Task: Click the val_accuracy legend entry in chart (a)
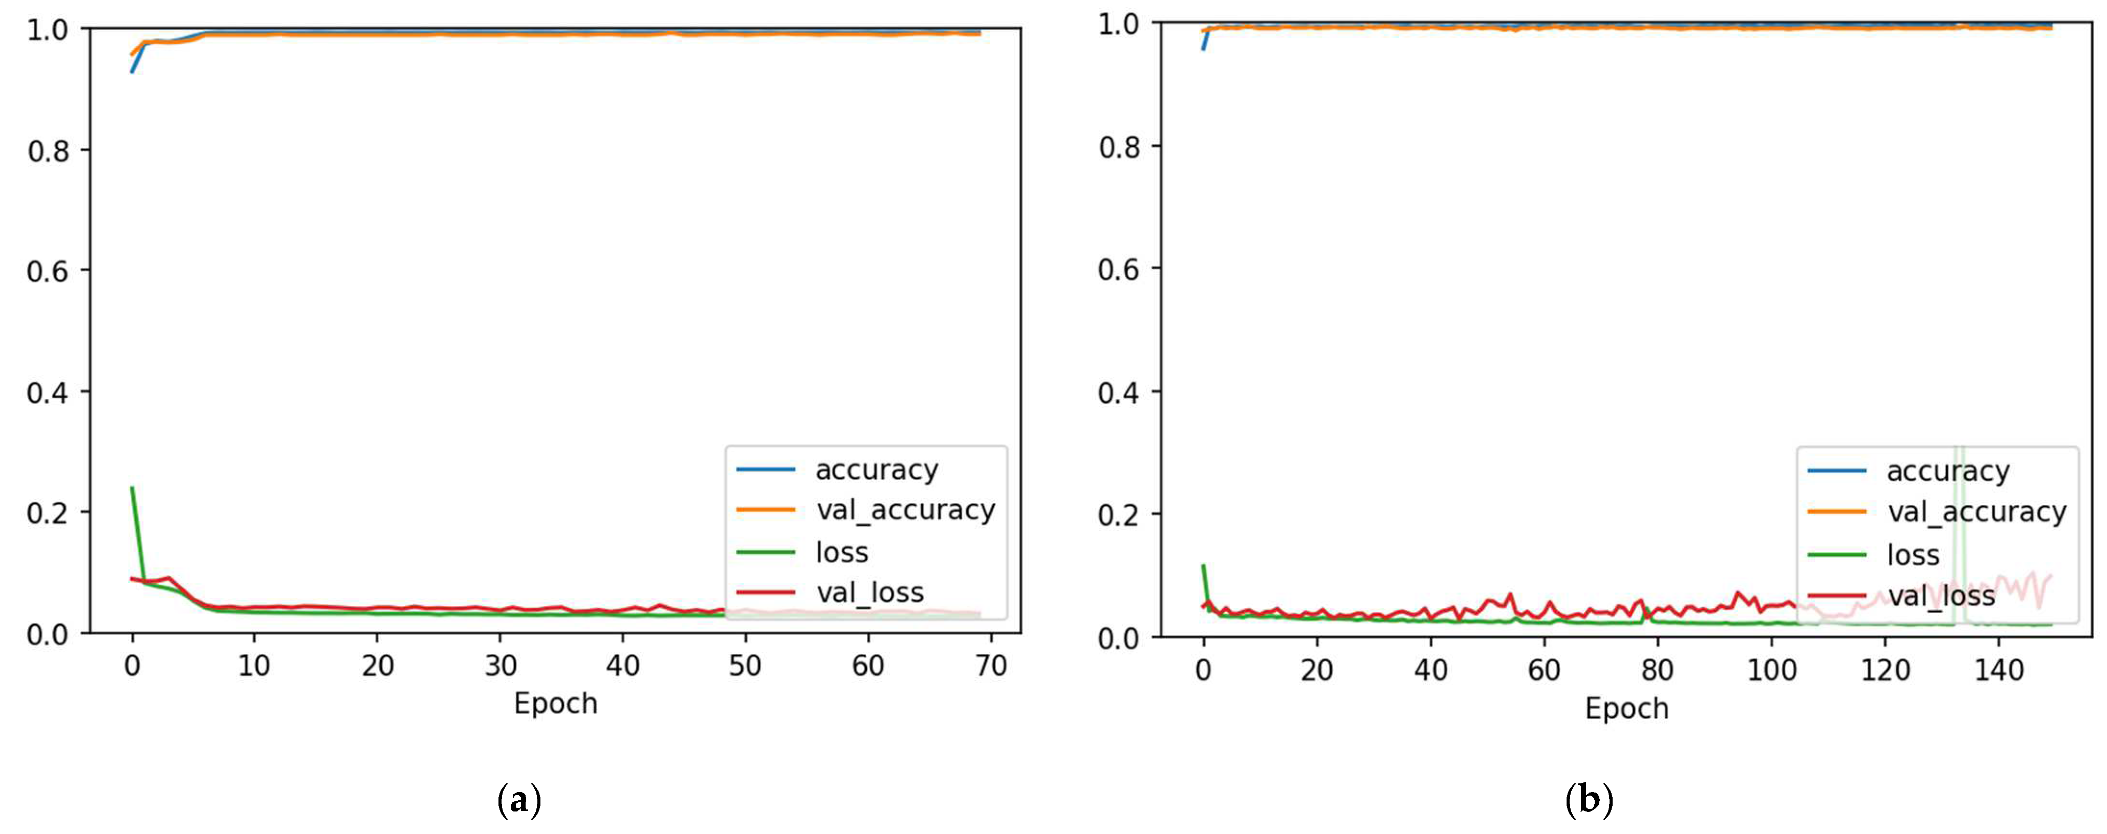pos(905,510)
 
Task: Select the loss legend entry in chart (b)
pos(1913,555)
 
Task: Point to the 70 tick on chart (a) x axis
pos(990,666)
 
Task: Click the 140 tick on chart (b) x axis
pos(1998,670)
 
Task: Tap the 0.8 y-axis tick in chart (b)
pos(1118,147)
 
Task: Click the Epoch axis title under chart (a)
pos(555,703)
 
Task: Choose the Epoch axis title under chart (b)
pos(1626,708)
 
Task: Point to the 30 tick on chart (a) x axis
pos(500,666)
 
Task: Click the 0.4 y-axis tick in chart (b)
pos(1118,392)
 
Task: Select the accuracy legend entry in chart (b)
pos(1947,471)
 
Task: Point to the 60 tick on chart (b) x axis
pos(1544,670)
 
